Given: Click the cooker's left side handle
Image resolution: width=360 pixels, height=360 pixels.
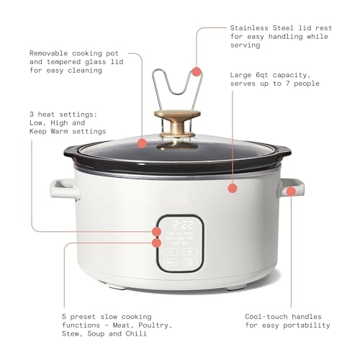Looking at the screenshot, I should [60, 189].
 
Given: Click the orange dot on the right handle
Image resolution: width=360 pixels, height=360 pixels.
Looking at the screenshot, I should [290, 191].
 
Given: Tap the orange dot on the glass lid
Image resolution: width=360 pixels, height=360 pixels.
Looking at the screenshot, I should [143, 143].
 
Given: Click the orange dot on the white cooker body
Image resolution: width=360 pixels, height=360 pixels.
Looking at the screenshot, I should [232, 189].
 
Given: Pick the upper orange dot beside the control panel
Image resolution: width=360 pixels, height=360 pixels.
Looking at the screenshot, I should [156, 232].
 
